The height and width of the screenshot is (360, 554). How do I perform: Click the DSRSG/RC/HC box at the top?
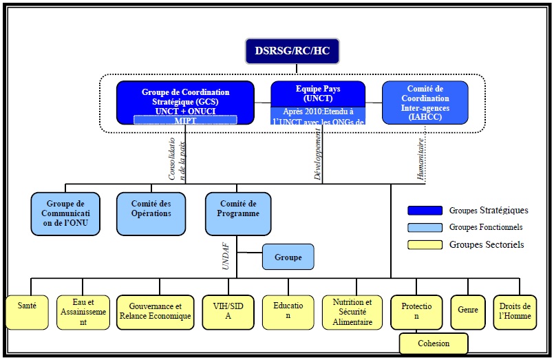(293, 52)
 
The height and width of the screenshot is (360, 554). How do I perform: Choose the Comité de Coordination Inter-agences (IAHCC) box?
(425, 103)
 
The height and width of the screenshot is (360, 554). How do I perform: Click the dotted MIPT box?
(186, 120)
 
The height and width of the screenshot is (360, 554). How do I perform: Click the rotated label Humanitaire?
(420, 158)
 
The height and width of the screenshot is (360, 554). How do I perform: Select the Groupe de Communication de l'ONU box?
(65, 213)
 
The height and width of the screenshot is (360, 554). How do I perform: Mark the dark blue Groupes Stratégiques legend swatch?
(425, 211)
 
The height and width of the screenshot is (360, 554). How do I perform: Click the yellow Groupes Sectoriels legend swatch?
(425, 244)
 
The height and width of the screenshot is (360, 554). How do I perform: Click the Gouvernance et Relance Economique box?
(154, 312)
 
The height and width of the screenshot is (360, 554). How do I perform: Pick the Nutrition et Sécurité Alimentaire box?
(352, 312)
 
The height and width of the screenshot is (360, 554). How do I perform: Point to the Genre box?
(467, 312)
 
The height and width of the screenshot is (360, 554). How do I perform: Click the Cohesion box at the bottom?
(434, 343)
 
